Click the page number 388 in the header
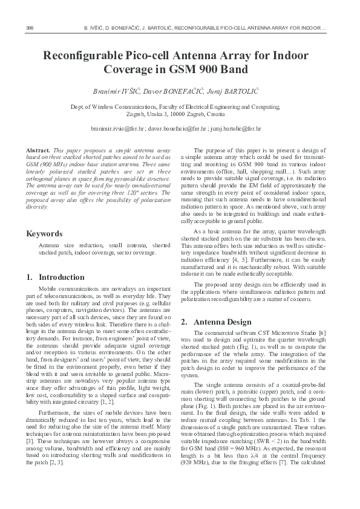point(30,28)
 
